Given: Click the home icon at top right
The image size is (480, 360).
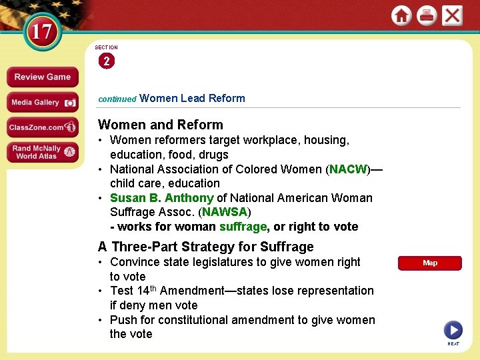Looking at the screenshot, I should [x=401, y=15].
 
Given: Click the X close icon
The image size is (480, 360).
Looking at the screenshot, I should [x=452, y=15].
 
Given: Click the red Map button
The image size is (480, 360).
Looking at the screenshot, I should [x=430, y=263].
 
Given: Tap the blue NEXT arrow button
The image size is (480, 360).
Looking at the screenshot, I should [x=453, y=330].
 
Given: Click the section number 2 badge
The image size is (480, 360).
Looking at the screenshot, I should [x=106, y=61].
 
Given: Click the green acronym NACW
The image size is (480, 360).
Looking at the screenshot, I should [x=348, y=169].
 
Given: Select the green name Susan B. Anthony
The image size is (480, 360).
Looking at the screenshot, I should [x=161, y=198].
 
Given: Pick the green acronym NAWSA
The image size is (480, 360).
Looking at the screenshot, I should [x=225, y=212].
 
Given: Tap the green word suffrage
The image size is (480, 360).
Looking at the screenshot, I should [x=243, y=227].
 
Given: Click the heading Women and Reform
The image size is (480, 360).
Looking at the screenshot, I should [x=161, y=125].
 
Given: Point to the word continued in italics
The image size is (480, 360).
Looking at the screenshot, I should [x=117, y=99].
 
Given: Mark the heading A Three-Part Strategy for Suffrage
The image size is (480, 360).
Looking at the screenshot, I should [x=206, y=247].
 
